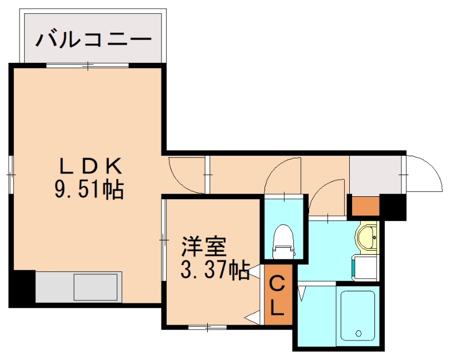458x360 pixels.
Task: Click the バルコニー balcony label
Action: pyautogui.click(x=94, y=40)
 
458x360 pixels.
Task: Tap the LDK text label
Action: pyautogui.click(x=91, y=167)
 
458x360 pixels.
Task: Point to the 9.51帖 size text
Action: pyautogui.click(x=89, y=189)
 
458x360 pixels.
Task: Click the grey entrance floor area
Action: pyautogui.click(x=375, y=175)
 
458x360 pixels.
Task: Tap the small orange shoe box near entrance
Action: pyautogui.click(x=365, y=206)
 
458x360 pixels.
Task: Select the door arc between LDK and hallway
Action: pyautogui.click(x=186, y=175)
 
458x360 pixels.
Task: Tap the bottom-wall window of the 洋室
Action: pyautogui.click(x=207, y=328)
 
